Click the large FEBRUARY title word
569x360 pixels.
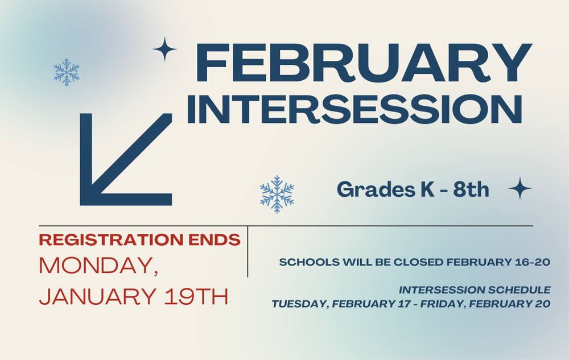coord(363,63)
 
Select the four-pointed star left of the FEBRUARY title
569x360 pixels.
coord(165,49)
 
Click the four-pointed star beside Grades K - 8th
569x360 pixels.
coord(519,188)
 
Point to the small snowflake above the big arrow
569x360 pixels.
coord(67,72)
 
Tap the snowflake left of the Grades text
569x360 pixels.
coord(277,195)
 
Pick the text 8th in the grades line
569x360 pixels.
coord(471,189)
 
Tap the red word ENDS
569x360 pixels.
coord(222,240)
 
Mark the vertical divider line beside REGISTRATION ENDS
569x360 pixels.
coord(248,251)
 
